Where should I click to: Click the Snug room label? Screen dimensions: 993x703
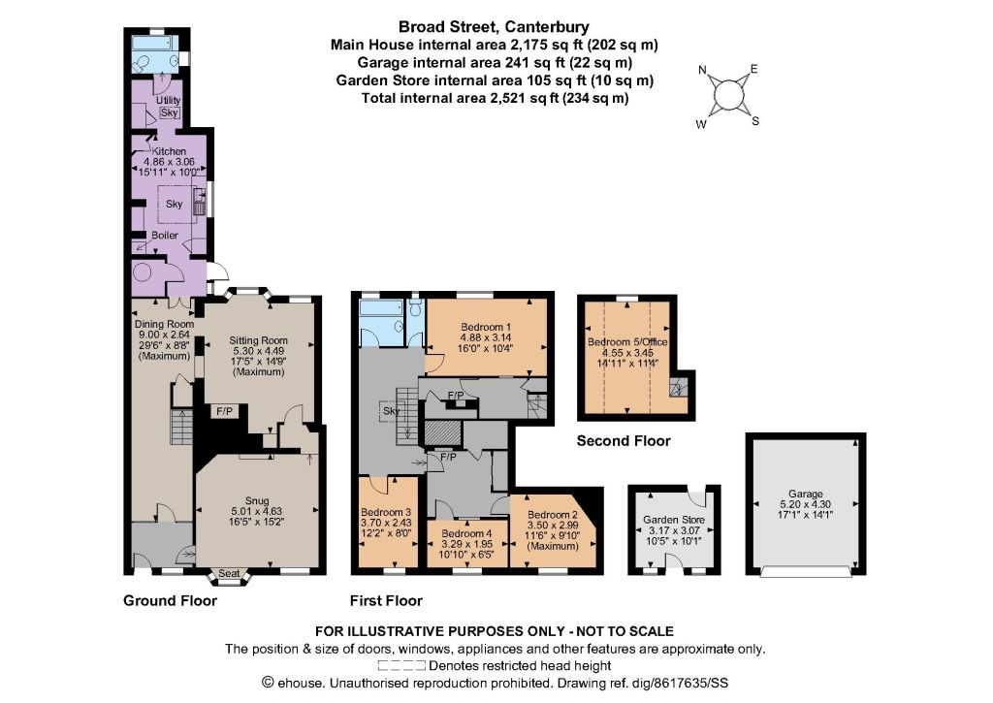(x=256, y=500)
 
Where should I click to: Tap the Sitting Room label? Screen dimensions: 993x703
(x=258, y=340)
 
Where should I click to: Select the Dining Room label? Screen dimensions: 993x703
(x=164, y=324)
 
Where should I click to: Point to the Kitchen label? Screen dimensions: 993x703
(x=169, y=151)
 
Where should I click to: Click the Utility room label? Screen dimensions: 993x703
(x=169, y=100)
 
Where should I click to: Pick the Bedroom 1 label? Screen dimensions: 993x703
(x=486, y=327)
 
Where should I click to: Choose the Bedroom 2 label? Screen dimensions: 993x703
(x=552, y=515)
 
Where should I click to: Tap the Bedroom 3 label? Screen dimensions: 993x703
(x=386, y=512)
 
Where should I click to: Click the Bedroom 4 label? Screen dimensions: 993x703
(x=466, y=534)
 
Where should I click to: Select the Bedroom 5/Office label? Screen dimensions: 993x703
(x=627, y=342)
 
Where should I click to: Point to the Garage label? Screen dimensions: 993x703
(x=806, y=494)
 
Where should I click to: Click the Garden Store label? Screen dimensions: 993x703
(x=674, y=520)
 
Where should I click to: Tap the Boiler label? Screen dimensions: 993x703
(x=165, y=235)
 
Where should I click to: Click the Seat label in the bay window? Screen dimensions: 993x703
(x=229, y=574)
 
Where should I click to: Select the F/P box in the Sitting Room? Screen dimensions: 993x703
(x=225, y=412)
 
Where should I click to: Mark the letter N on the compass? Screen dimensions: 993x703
(x=702, y=70)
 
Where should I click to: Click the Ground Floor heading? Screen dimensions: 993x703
(x=171, y=600)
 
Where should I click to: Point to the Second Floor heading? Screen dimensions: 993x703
(x=624, y=441)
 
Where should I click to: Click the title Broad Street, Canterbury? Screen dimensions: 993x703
(x=494, y=27)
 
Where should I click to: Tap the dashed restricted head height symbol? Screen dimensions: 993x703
(x=401, y=665)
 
